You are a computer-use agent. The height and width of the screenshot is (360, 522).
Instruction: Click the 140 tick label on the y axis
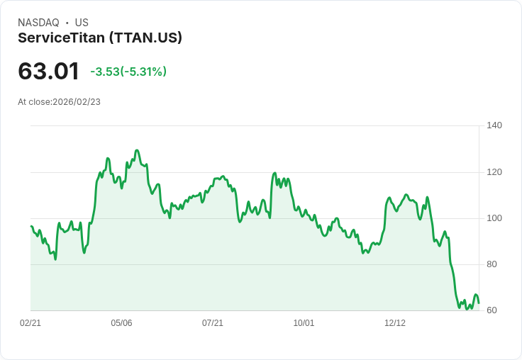tap(494, 125)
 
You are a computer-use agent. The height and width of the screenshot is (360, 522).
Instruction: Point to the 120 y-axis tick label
tap(494, 172)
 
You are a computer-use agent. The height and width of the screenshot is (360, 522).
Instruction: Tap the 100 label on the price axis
tap(494, 218)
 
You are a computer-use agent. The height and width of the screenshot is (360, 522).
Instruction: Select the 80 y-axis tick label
tap(494, 264)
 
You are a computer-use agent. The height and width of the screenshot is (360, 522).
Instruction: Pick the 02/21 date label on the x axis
tap(30, 323)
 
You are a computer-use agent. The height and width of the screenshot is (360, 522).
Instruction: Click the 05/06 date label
tap(121, 323)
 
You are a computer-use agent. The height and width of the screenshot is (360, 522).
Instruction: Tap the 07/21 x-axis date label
tap(213, 323)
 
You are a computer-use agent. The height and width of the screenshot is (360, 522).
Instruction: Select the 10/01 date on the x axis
tap(304, 323)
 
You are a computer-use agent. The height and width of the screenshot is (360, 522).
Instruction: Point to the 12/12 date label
tap(395, 323)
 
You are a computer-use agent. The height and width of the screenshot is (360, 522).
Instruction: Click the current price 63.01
tap(48, 72)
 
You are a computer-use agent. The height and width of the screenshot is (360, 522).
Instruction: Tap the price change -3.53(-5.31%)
tap(128, 72)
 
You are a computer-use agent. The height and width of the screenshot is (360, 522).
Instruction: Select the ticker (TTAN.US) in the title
tap(145, 38)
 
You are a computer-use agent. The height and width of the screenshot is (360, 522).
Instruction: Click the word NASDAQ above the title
tap(38, 23)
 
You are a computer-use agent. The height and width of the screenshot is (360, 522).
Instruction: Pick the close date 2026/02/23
tap(77, 102)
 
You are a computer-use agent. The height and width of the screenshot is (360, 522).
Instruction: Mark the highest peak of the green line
tap(137, 150)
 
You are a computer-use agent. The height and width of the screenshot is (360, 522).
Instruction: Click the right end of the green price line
tap(479, 303)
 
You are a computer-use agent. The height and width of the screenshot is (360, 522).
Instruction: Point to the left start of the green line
tap(30, 226)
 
